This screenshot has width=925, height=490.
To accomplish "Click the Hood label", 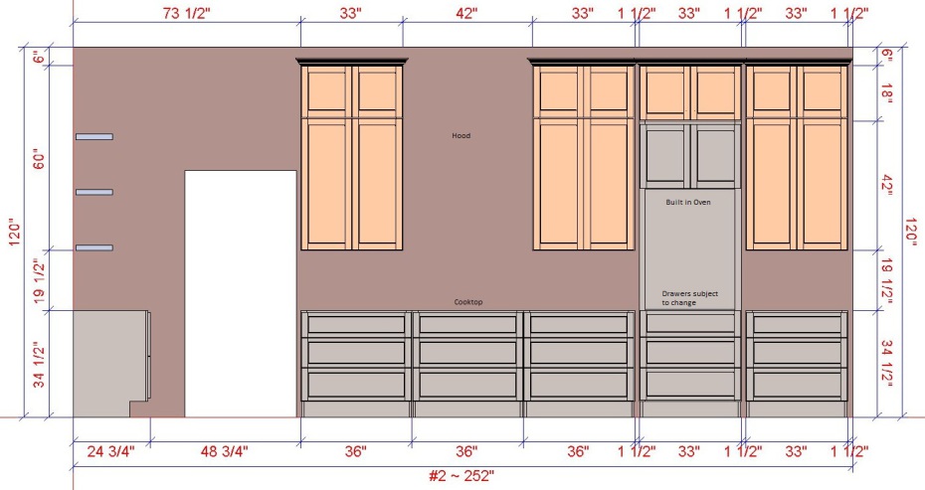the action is click(462, 135).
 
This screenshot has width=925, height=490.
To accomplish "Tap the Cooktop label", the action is click(468, 302).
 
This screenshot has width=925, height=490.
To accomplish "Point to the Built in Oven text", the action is click(688, 202).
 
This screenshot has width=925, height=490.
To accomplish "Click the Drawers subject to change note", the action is click(689, 298).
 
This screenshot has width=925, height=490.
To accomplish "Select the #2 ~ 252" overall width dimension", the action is click(462, 476).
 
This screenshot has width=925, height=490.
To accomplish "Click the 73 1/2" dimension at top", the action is click(186, 13).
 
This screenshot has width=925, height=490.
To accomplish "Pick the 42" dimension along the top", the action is click(466, 13).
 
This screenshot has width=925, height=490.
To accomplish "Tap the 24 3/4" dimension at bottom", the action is click(111, 451).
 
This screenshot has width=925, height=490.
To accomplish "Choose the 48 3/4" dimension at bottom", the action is click(224, 451).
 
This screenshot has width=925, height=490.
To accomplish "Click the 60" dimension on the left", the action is click(39, 158).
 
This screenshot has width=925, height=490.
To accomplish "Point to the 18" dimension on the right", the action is click(886, 93).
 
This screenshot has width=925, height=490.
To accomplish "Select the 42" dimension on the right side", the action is click(886, 186).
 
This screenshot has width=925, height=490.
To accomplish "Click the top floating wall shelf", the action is click(94, 137).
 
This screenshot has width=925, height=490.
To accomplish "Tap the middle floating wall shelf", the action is click(94, 192).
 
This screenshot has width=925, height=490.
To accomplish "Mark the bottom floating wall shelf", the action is click(94, 247).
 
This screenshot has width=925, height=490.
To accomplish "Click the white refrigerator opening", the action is click(241, 293).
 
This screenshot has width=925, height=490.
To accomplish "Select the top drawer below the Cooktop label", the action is click(467, 324).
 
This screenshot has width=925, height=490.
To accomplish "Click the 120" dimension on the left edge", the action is click(15, 233).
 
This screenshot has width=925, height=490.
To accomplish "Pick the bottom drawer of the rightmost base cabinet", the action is click(797, 385).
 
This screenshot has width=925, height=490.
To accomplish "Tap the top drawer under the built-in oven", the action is click(690, 324).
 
